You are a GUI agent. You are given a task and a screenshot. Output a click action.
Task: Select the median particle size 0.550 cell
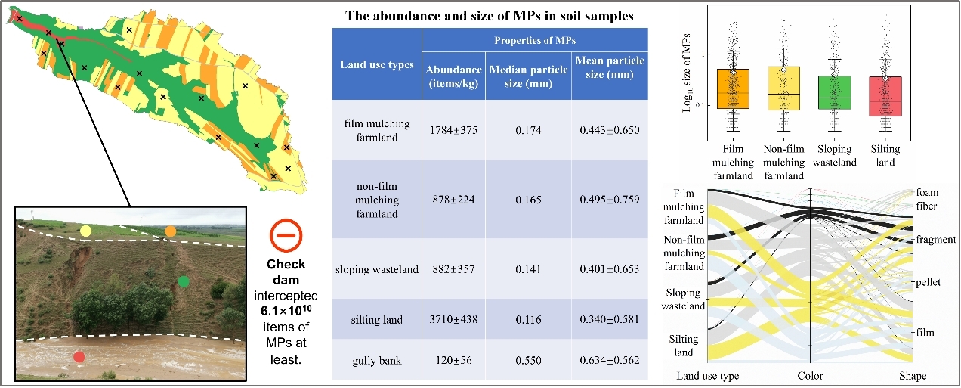click(x=527, y=359)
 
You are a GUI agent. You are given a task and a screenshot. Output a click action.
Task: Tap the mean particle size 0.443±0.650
click(x=609, y=130)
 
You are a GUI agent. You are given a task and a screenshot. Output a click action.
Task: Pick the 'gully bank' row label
click(x=375, y=359)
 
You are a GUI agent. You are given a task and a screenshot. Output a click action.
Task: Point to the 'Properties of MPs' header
click(x=534, y=39)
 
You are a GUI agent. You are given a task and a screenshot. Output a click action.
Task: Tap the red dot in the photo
click(x=79, y=356)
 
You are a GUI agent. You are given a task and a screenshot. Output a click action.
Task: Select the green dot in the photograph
click(x=183, y=282)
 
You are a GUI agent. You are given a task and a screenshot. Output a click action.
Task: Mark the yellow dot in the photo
click(x=85, y=230)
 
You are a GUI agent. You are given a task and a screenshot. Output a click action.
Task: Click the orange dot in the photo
click(x=170, y=231)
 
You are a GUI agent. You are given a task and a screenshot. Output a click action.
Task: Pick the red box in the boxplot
click(x=885, y=96)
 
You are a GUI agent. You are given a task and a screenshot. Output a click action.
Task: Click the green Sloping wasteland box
click(x=834, y=92)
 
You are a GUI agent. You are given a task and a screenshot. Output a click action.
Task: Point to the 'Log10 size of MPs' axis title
click(x=687, y=77)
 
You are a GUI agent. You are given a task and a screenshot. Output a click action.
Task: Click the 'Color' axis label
click(x=810, y=376)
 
